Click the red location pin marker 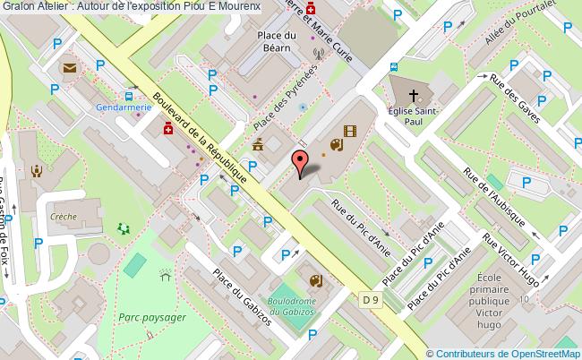coord(301,161)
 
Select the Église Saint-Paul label coord(413,117)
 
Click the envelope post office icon coord(69,67)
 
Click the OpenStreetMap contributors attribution coord(504,354)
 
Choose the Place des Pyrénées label coord(286,96)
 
